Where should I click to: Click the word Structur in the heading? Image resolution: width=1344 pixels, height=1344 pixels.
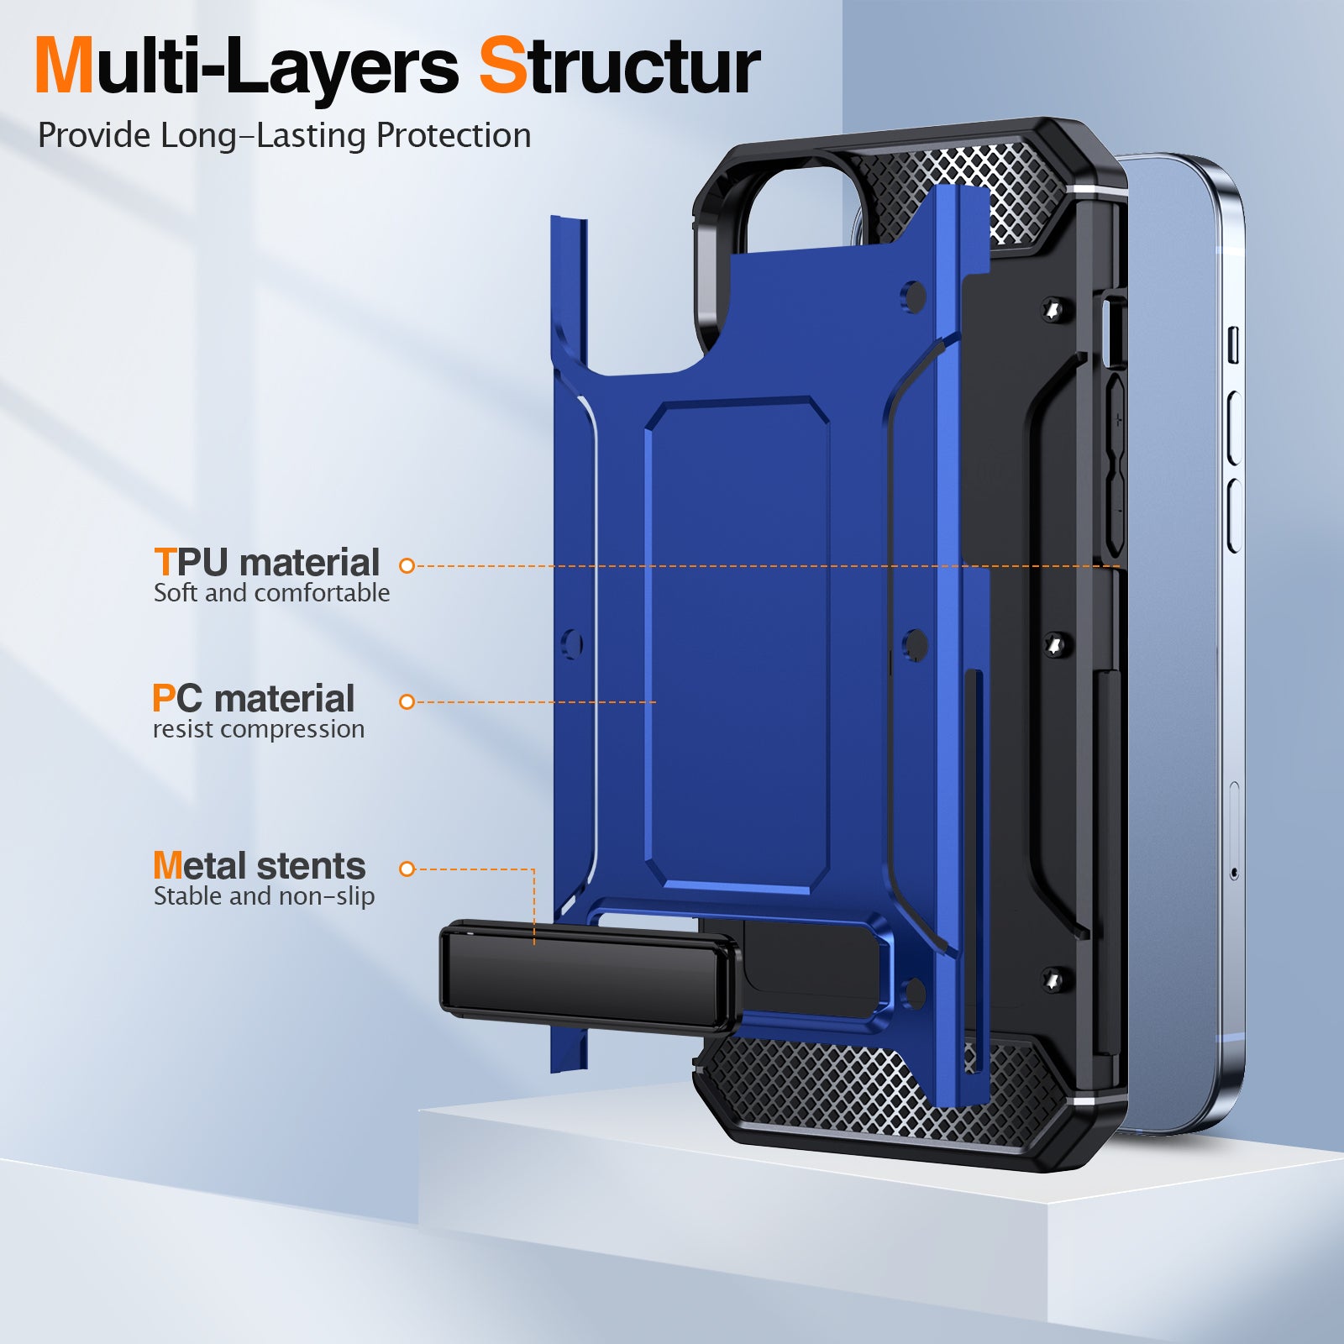(x=620, y=66)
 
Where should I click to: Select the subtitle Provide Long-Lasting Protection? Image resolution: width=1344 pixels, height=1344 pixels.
(x=285, y=136)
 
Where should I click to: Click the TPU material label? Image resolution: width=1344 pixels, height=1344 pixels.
(x=267, y=562)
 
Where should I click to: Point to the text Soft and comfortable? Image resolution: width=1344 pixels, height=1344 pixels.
(x=271, y=593)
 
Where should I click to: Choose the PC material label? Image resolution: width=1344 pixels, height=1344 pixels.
(x=254, y=698)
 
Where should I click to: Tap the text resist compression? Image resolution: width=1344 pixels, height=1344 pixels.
(x=259, y=729)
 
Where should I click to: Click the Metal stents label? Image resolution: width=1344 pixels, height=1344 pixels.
(x=259, y=865)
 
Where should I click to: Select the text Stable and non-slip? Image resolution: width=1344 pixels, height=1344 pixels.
(x=264, y=896)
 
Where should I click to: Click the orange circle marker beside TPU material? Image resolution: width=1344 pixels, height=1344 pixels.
(x=407, y=566)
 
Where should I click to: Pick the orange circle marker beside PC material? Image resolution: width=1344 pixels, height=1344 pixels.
(x=407, y=701)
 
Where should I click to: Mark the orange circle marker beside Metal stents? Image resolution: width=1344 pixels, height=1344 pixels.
(x=407, y=869)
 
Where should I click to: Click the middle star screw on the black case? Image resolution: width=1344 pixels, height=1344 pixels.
(x=1054, y=645)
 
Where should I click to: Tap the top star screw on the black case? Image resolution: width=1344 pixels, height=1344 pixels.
(x=1053, y=310)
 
